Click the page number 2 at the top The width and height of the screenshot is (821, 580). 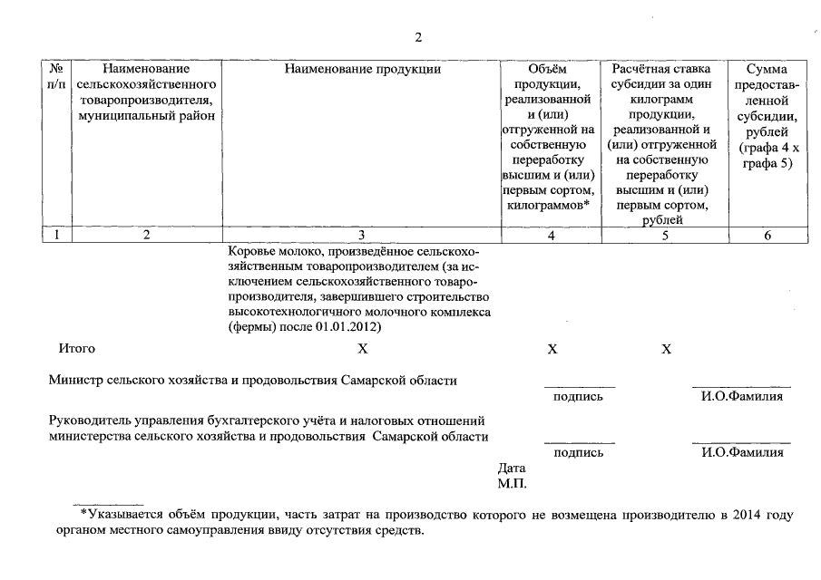pyautogui.click(x=418, y=37)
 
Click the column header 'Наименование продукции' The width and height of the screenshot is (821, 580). pyautogui.click(x=362, y=69)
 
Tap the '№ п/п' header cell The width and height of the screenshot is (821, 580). pyautogui.click(x=56, y=76)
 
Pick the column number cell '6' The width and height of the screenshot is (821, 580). pyautogui.click(x=767, y=236)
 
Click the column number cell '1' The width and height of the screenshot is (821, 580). pyautogui.click(x=56, y=236)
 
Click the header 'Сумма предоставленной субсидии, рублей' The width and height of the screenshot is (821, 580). pyautogui.click(x=767, y=116)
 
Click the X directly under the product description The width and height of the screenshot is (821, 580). pyautogui.click(x=362, y=349)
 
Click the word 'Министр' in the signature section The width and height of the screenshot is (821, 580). pyautogui.click(x=75, y=381)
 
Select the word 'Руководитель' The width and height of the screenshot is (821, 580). pyautogui.click(x=90, y=420)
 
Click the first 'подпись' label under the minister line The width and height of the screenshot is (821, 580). pyautogui.click(x=578, y=397)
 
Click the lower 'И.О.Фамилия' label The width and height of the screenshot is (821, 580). pyautogui.click(x=742, y=453)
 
